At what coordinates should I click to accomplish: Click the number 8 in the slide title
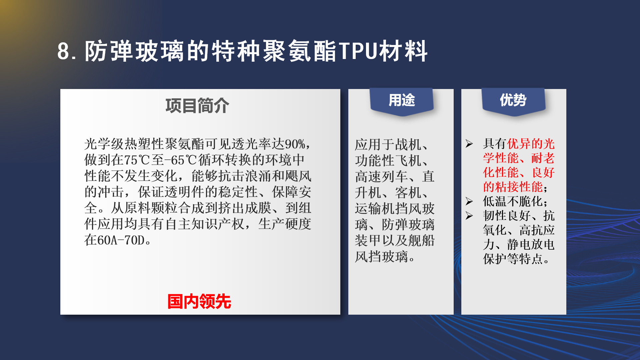tap(63, 51)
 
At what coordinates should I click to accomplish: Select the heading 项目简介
tap(197, 106)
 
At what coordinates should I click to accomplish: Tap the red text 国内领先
tap(199, 301)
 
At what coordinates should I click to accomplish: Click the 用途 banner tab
tap(402, 101)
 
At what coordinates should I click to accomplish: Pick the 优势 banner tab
tap(513, 101)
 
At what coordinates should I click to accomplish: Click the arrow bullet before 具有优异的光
tap(469, 144)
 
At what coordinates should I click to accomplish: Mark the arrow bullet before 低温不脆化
tap(469, 201)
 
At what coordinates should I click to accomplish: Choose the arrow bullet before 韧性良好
tap(469, 216)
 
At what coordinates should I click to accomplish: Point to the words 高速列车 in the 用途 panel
tap(381, 177)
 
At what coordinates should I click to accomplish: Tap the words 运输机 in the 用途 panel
tap(375, 209)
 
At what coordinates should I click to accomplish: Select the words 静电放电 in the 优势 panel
tap(531, 244)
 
